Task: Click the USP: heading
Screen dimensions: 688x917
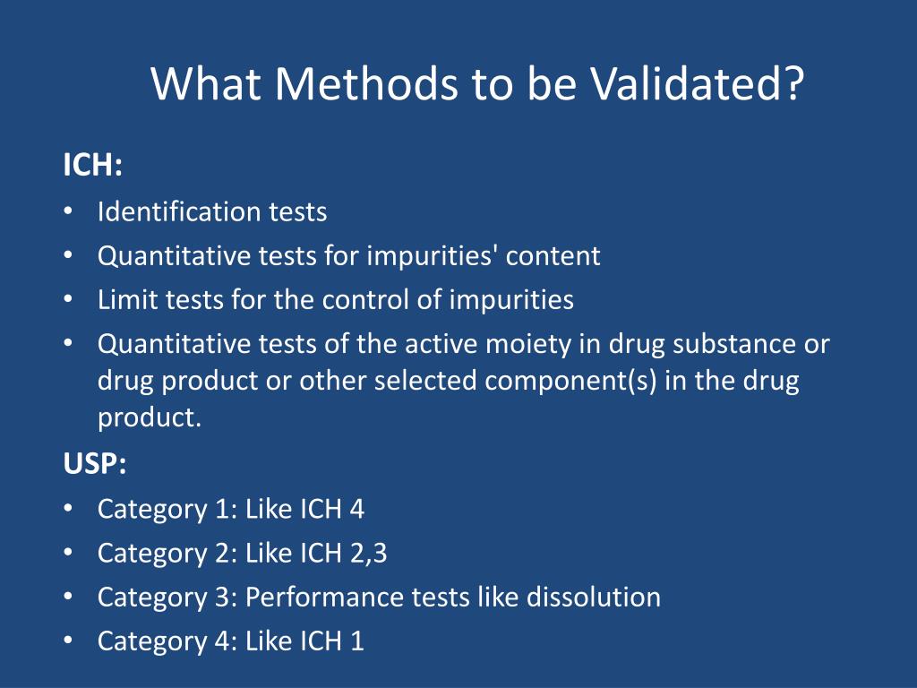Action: (95, 464)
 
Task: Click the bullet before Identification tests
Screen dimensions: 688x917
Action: (69, 212)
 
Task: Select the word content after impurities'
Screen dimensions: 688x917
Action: (553, 256)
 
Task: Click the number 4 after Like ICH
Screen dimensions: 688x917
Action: (357, 510)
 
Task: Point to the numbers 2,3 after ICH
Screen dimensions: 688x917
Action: (368, 554)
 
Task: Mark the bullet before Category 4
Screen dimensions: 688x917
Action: (69, 641)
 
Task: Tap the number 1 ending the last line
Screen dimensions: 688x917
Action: (357, 641)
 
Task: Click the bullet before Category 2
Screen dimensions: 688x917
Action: (69, 554)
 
